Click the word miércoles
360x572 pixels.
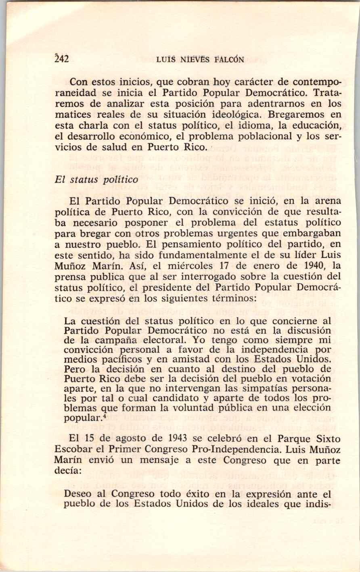(x=193, y=266)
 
